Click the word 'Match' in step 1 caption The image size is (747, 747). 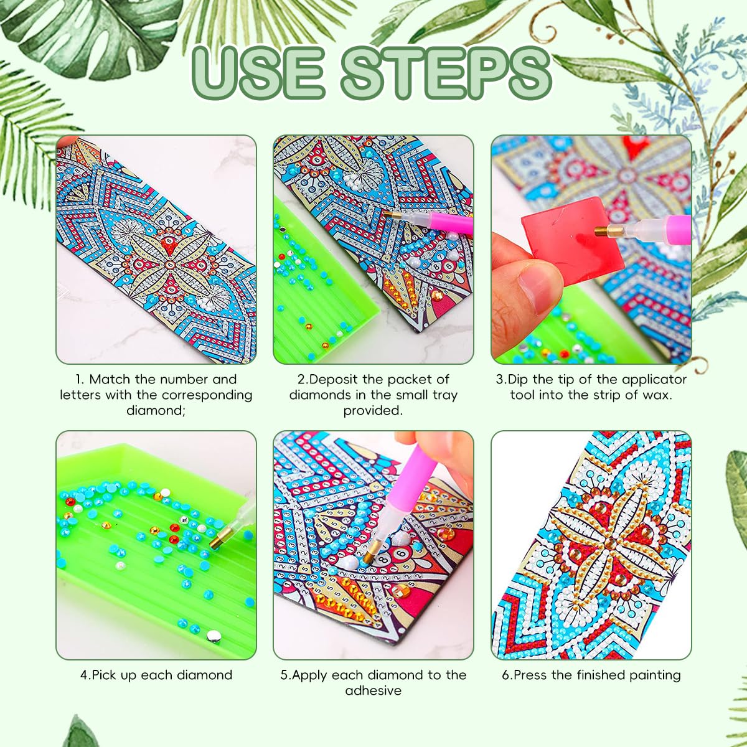coord(110,379)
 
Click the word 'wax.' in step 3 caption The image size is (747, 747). coord(657,395)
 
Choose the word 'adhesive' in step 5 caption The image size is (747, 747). coord(373,690)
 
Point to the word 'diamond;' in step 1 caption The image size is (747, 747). coord(156,410)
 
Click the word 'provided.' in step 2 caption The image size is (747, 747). coord(373,410)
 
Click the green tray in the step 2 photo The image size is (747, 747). coord(311,299)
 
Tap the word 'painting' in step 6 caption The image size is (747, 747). coord(653,675)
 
